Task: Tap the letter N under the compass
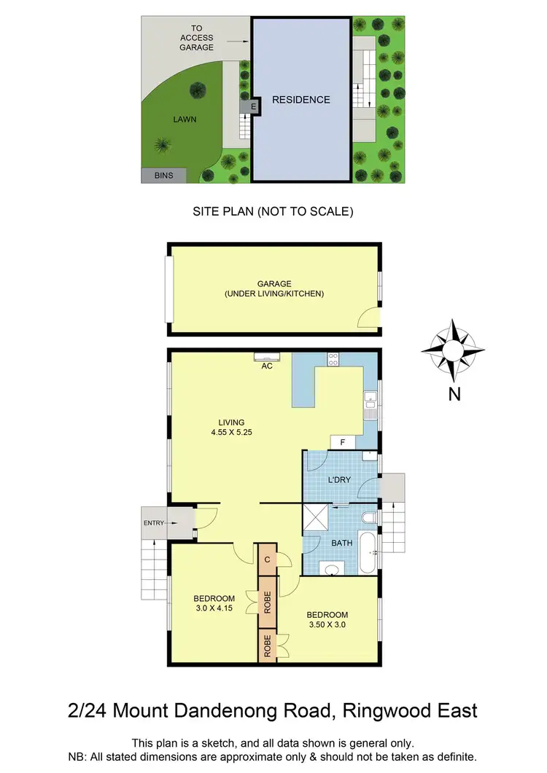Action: click(454, 394)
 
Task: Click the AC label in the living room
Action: click(267, 366)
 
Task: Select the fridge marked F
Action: click(343, 442)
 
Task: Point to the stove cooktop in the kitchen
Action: click(333, 358)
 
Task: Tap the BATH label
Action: click(342, 544)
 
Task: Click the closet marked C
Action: click(268, 560)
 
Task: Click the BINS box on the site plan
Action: click(164, 175)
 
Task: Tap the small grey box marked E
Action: click(253, 107)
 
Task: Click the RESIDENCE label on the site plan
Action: click(300, 100)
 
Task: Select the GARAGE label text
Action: click(274, 284)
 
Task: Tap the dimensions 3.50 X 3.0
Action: click(327, 625)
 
